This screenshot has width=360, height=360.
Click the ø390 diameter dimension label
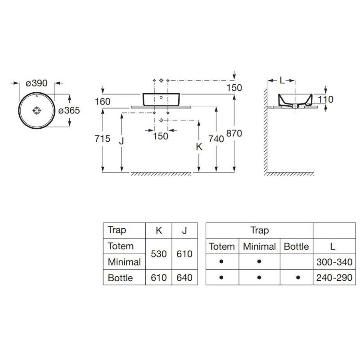tap(36, 83)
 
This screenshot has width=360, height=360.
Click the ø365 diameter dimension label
tap(69, 110)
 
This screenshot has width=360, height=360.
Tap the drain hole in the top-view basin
tap(37, 110)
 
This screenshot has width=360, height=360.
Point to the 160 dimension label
tap(103, 102)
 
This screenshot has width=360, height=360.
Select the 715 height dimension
tap(103, 139)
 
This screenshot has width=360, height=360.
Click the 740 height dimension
tap(216, 139)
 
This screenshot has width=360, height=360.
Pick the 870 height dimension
tap(234, 133)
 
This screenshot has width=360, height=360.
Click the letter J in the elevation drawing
tap(121, 141)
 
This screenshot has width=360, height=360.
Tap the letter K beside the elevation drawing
tap(199, 147)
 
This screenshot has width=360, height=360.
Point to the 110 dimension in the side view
tap(325, 99)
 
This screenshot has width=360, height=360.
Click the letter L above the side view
tap(282, 81)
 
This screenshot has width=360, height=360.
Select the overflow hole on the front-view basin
tap(161, 98)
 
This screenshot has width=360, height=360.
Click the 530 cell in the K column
tap(159, 254)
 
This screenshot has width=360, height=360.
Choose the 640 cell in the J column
tap(184, 278)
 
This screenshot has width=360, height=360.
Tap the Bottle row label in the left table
tap(120, 278)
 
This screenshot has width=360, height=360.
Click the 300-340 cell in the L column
tap(334, 262)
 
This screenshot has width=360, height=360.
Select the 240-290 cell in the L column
tap(334, 278)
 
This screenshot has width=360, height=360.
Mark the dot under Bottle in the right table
tap(298, 278)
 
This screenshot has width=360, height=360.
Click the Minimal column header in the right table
tap(260, 247)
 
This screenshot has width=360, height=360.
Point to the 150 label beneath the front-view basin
tap(161, 136)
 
